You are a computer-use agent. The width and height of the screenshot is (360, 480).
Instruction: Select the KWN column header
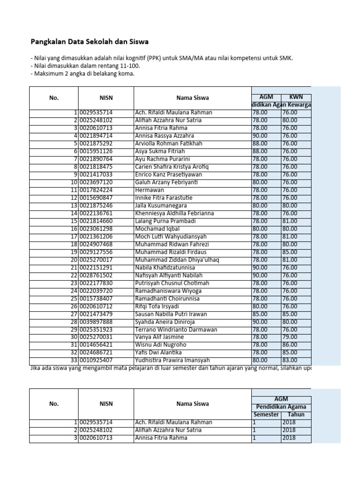pyautogui.click(x=296, y=97)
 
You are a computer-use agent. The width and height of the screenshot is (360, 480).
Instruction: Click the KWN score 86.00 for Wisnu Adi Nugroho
pyautogui.click(x=289, y=345)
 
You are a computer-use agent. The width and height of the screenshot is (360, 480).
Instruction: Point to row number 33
pyautogui.click(x=74, y=360)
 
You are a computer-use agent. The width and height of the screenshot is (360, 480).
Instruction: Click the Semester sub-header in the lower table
pyautogui.click(x=266, y=414)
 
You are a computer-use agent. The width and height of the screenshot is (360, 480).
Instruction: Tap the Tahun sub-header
pyautogui.click(x=296, y=414)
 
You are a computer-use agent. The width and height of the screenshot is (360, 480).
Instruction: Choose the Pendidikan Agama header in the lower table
pyautogui.click(x=281, y=406)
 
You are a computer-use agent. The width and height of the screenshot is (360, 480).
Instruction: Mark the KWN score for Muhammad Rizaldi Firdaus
pyautogui.click(x=289, y=252)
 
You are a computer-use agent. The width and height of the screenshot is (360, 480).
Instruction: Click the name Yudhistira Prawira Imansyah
pyautogui.click(x=172, y=360)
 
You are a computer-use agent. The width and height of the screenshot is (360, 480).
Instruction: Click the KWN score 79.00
pyautogui.click(x=289, y=337)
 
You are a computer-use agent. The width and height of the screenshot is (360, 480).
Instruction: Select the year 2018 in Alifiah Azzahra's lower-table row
pyautogui.click(x=289, y=430)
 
